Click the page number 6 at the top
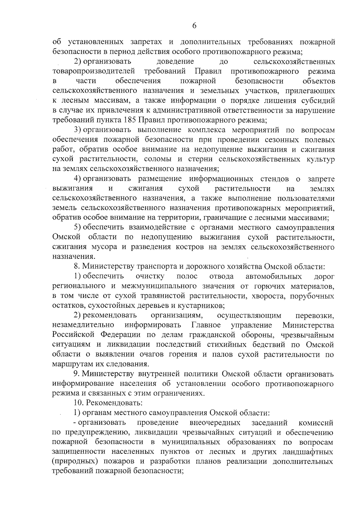pyautogui.click(x=194, y=26)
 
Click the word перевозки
pyautogui.click(x=314, y=316)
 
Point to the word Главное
pyautogui.click(x=206, y=325)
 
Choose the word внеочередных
pyautogui.click(x=215, y=423)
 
